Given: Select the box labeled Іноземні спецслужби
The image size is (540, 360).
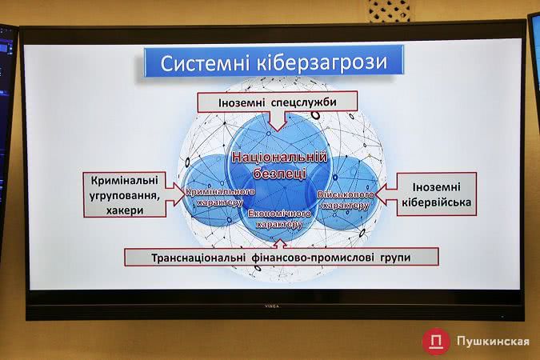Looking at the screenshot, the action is click(278, 102).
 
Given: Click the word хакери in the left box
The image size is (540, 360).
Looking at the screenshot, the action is click(125, 210).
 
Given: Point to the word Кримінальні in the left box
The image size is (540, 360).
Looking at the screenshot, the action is click(125, 180).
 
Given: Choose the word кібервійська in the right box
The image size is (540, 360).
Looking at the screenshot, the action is click(436, 202).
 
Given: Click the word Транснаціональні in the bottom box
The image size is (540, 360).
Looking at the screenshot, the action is click(198, 258).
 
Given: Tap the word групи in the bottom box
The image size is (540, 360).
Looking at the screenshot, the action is click(395, 258).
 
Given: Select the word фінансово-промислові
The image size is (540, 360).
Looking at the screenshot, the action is click(313, 258).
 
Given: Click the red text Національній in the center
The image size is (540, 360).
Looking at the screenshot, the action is click(279, 157).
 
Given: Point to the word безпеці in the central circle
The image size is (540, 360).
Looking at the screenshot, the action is click(279, 173).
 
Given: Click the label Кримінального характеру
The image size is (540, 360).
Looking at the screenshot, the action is click(221, 197).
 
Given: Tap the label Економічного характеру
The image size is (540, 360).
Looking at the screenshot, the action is click(279, 219).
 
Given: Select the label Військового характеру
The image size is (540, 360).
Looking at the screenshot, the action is click(346, 200).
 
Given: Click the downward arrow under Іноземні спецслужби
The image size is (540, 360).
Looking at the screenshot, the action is click(278, 121).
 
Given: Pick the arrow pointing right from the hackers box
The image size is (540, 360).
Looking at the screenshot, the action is click(175, 194).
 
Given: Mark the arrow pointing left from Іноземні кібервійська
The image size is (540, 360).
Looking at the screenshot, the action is click(386, 194).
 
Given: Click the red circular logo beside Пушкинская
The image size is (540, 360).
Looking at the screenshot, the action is click(436, 341).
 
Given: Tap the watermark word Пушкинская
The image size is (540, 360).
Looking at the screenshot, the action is click(493, 341).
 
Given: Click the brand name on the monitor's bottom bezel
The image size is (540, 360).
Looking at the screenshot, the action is click(272, 306).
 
